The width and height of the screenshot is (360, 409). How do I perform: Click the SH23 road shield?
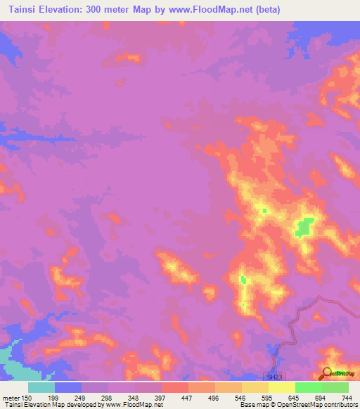[274, 377]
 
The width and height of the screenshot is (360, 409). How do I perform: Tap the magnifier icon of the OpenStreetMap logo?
[327, 372]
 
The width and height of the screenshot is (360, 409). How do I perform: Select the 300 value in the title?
[112, 10]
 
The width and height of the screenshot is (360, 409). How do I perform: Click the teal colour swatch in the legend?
[41, 387]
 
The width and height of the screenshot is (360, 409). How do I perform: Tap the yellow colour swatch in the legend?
[255, 387]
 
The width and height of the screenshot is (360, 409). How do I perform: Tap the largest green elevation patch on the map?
[304, 226]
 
